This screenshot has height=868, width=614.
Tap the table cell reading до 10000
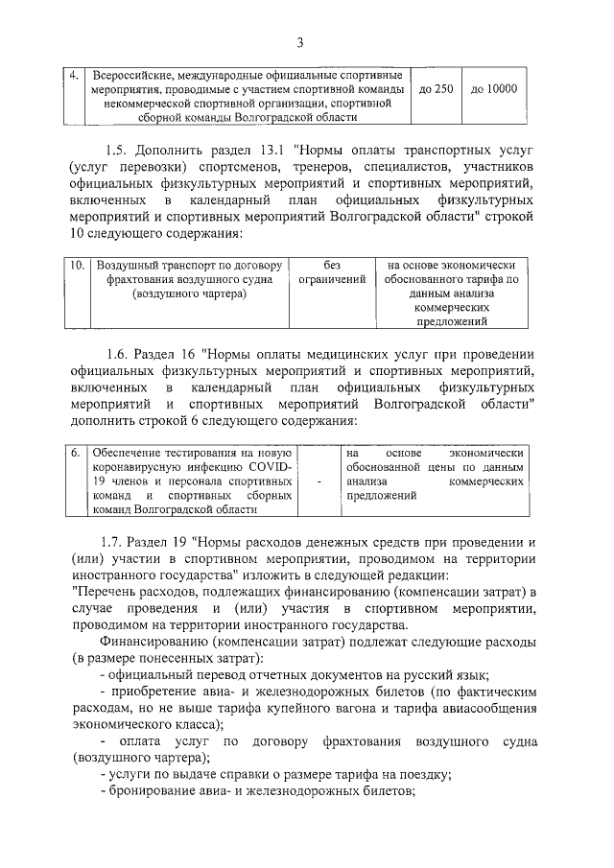494,89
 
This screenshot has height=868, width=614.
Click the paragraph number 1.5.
116,151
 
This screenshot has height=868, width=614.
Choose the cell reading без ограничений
333,271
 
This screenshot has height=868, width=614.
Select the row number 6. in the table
76,452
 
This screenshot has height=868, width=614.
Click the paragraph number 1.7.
116,543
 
